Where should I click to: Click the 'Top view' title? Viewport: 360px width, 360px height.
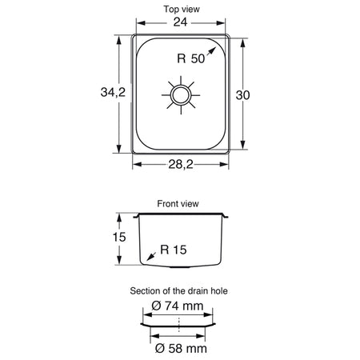click(182, 9)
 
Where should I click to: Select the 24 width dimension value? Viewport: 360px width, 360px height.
click(180, 22)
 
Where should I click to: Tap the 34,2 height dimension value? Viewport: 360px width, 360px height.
click(113, 92)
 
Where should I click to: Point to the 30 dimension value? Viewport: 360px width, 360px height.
click(242, 95)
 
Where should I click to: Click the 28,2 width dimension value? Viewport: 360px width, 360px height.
click(181, 164)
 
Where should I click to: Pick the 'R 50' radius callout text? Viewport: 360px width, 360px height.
click(191, 58)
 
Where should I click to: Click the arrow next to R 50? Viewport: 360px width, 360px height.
click(210, 52)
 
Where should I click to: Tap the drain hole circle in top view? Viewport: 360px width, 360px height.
click(181, 95)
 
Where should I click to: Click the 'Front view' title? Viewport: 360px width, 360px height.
click(178, 204)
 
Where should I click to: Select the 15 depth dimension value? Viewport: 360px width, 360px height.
click(119, 237)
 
